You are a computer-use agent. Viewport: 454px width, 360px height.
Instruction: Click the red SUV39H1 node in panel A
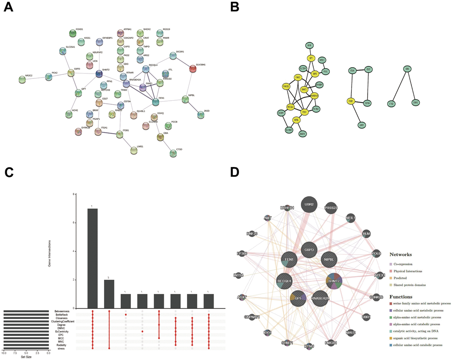click(x=192, y=69)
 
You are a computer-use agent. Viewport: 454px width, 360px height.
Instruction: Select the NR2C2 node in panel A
click(x=22, y=80)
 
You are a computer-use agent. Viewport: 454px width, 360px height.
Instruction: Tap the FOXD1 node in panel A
click(x=73, y=33)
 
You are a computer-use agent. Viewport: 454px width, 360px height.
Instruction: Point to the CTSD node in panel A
click(x=173, y=153)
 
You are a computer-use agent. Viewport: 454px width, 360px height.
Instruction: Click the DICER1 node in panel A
click(x=173, y=56)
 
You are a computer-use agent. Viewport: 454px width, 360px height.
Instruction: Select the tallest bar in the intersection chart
click(x=92, y=258)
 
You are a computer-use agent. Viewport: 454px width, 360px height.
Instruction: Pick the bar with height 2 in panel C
click(x=109, y=294)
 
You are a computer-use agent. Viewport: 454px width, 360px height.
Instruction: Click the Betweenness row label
click(x=62, y=311)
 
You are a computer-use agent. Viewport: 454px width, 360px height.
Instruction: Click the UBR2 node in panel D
click(x=309, y=205)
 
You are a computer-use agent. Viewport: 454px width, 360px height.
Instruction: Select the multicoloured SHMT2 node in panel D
click(x=332, y=281)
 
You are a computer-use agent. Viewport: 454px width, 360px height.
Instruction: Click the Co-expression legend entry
click(x=407, y=264)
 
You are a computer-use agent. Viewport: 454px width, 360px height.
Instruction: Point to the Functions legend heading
click(x=405, y=296)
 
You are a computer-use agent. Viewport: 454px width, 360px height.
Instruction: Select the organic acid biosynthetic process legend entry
click(x=416, y=338)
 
